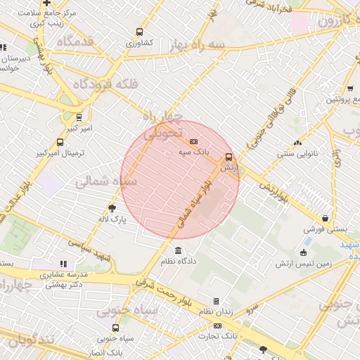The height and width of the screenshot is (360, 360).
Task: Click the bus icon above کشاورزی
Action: (139, 32)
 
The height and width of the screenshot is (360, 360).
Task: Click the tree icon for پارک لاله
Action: (112, 208)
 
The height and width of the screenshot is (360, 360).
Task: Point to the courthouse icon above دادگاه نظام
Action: (177, 251)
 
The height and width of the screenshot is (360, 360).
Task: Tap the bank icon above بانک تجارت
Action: (217, 326)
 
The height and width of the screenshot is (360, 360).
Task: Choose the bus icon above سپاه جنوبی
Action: (115, 328)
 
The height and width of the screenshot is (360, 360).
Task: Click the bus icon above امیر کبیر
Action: (79, 118)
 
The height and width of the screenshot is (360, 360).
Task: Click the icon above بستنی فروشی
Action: (324, 219)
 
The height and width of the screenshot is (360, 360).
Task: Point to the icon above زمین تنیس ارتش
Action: (304, 252)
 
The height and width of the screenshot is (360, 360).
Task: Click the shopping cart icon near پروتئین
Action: (349, 89)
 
